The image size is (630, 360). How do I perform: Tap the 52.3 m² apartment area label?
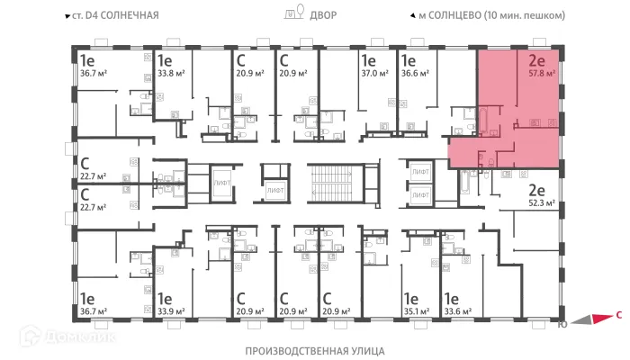(540, 204)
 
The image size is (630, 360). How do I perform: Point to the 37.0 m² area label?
(375, 76)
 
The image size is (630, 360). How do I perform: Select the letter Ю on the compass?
(562, 324)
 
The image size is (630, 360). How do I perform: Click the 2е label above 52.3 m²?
(536, 190)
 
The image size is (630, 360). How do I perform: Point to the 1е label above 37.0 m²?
(368, 61)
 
